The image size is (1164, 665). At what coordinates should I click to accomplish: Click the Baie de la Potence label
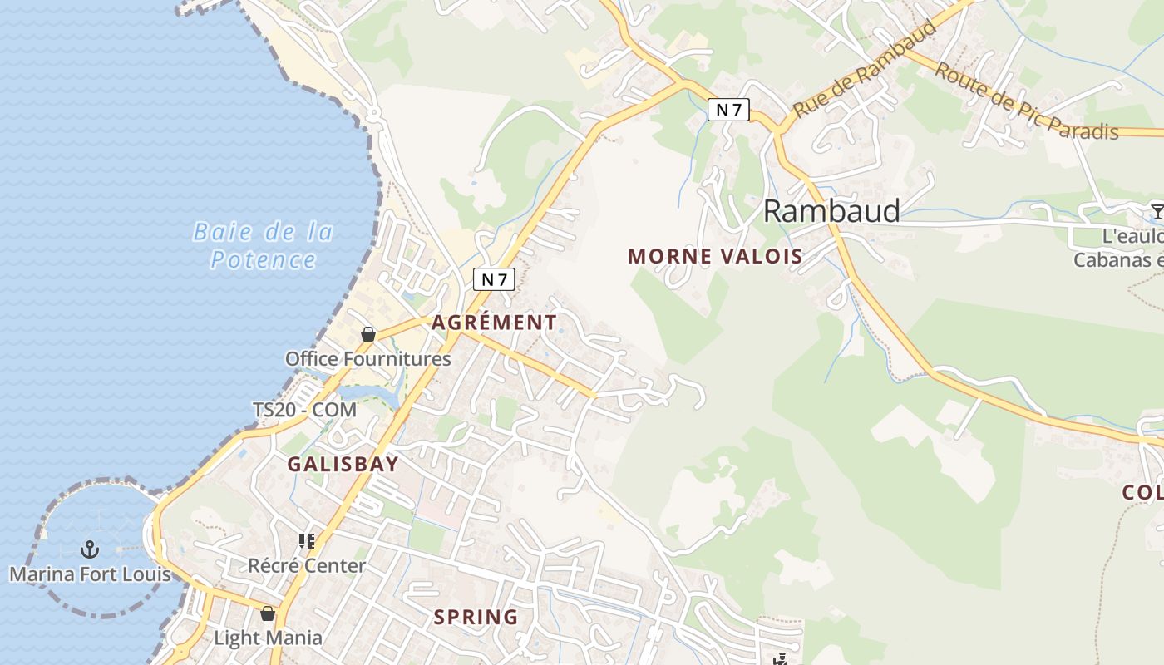coord(263,245)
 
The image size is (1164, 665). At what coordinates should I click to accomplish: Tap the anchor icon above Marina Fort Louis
coord(89,549)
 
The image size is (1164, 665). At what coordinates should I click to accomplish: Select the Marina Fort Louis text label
coord(90,574)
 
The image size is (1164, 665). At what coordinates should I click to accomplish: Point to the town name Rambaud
coord(831,211)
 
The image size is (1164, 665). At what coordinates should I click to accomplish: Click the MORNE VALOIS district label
coord(715,256)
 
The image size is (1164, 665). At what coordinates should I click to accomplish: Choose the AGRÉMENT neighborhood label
coord(494,323)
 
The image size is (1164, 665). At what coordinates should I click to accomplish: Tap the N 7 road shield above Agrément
coord(494,280)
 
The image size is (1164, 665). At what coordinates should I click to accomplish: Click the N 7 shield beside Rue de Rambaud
coord(728,109)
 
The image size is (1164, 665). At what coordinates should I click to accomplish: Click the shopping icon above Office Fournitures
coord(368,334)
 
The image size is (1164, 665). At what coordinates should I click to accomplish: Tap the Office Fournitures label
coord(367,359)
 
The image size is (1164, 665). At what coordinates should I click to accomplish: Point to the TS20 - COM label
coord(304,410)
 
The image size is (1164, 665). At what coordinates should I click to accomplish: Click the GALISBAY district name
coord(343,465)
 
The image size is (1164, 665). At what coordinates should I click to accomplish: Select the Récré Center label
coord(307,566)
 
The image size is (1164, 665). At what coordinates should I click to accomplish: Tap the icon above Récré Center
coord(307,541)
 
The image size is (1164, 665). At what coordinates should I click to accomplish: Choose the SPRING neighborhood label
coord(476,618)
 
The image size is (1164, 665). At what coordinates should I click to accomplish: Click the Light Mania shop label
coord(268,638)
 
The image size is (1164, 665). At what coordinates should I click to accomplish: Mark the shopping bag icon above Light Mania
coord(268,614)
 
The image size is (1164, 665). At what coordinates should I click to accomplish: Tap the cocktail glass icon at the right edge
coord(1157,210)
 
